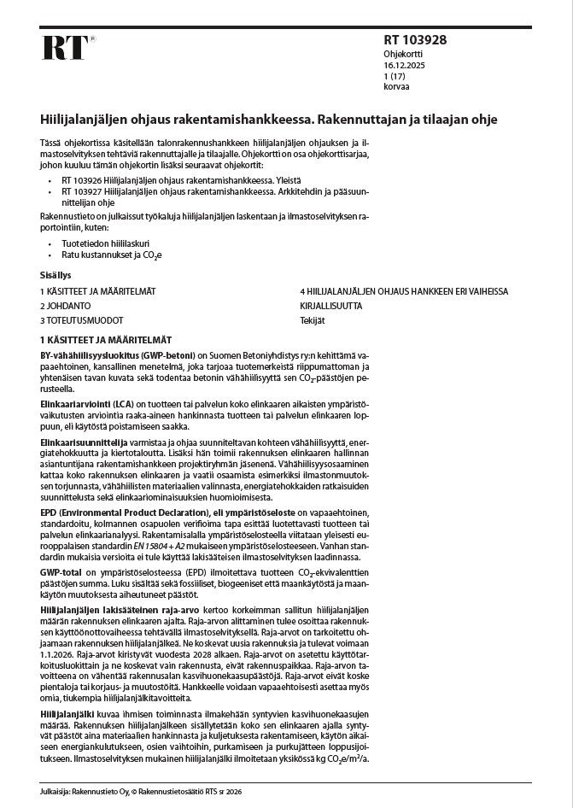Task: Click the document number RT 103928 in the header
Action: [416, 40]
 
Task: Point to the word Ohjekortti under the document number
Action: [402, 53]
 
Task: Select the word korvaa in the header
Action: [395, 86]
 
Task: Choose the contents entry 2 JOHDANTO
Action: [66, 305]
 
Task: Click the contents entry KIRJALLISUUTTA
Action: [330, 305]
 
